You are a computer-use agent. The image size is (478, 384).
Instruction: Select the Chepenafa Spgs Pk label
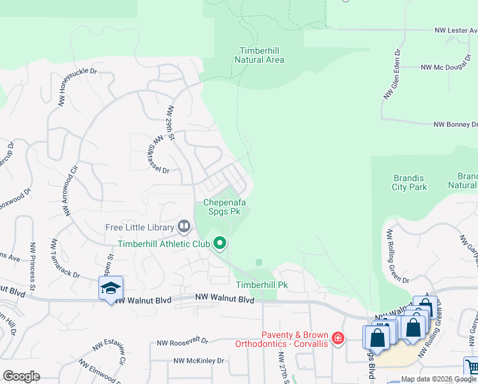tap(222, 206)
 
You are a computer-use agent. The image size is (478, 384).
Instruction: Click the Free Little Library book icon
tap(184, 227)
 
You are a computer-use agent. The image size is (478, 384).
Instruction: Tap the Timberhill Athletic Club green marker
tap(220, 243)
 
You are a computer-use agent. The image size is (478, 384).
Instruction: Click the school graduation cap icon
tap(111, 288)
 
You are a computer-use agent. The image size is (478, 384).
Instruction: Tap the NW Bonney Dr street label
tap(455, 125)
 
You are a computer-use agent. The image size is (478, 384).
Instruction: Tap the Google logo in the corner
tap(21, 376)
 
